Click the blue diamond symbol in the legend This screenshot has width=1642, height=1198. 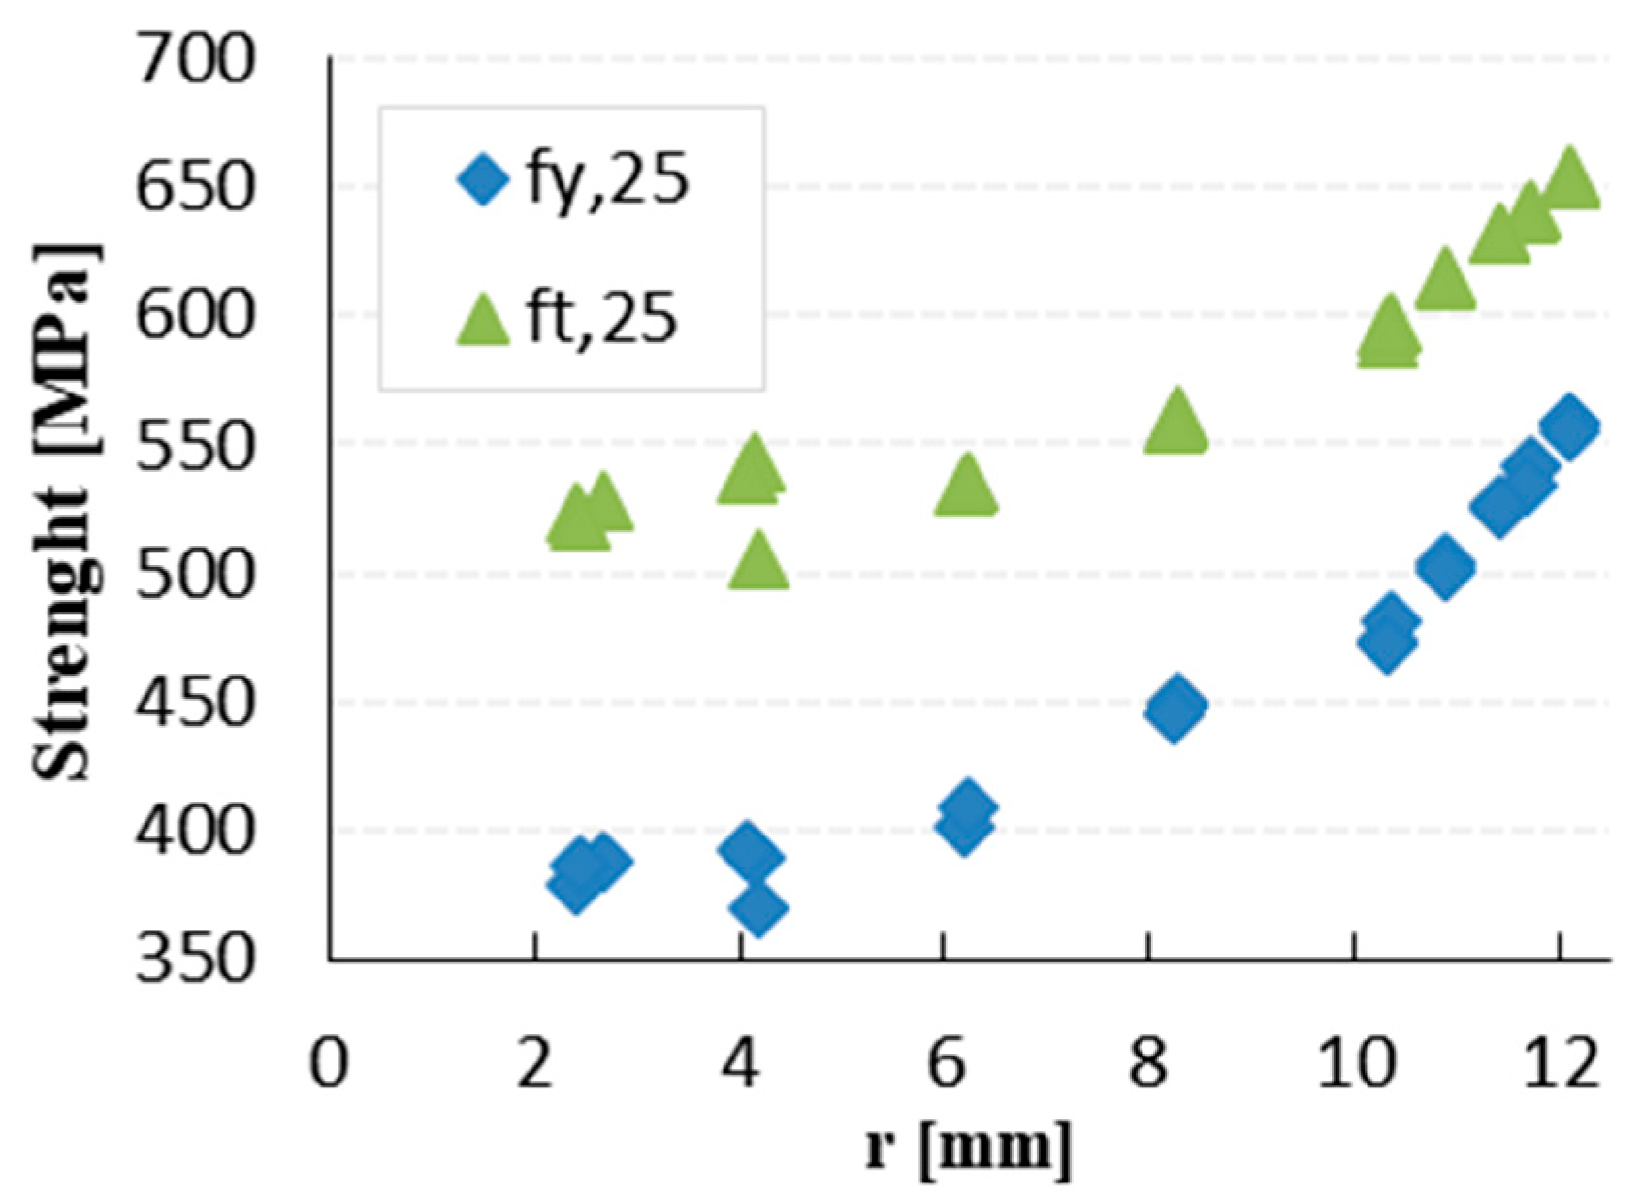pyautogui.click(x=482, y=179)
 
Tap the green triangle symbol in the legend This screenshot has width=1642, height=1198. pyautogui.click(x=482, y=320)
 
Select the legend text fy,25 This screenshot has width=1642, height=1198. pyautogui.click(x=607, y=179)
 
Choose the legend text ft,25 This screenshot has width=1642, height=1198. pyautogui.click(x=601, y=318)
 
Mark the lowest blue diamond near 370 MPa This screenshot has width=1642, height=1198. pyautogui.click(x=758, y=909)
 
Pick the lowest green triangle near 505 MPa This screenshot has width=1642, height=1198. pyautogui.click(x=758, y=563)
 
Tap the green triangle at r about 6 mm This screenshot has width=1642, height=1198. pyautogui.click(x=966, y=488)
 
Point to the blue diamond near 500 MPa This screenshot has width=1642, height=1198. pyautogui.click(x=1445, y=567)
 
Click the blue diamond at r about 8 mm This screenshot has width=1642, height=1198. pyautogui.click(x=1175, y=709)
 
